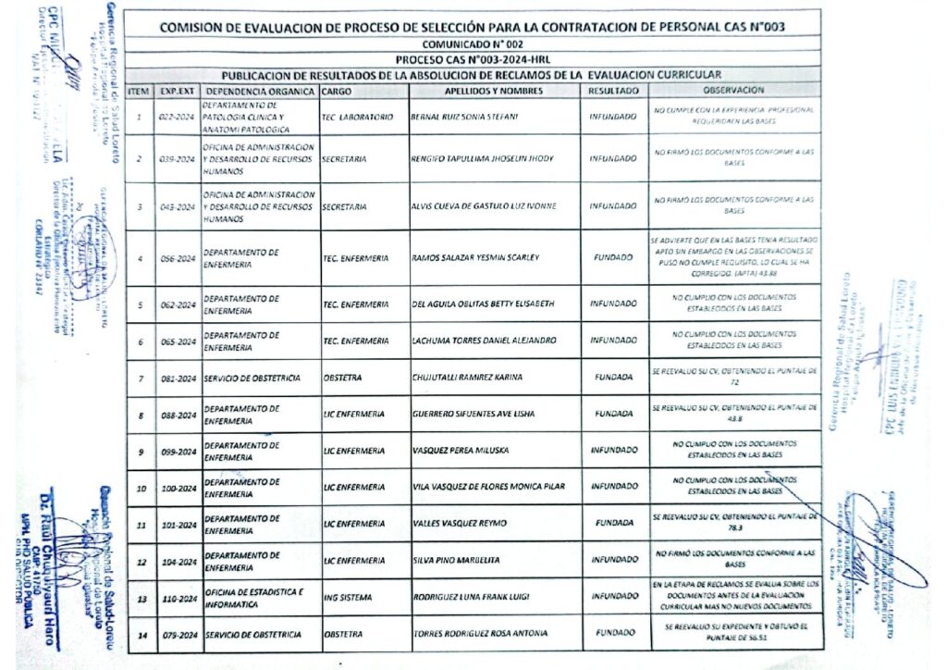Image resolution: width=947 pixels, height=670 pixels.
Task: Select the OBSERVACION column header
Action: pyautogui.click(x=733, y=91)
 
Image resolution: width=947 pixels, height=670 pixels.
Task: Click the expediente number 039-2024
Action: pyautogui.click(x=177, y=159)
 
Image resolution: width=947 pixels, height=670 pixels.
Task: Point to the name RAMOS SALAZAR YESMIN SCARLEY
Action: pyautogui.click(x=474, y=257)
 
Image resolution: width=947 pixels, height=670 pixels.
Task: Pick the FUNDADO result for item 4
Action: pyautogui.click(x=613, y=257)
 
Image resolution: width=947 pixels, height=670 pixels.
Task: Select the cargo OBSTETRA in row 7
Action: pyautogui.click(x=343, y=377)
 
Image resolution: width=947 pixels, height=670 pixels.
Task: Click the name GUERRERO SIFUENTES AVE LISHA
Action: pyautogui.click(x=473, y=414)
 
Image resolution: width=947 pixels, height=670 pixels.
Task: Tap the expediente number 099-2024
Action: pyautogui.click(x=177, y=452)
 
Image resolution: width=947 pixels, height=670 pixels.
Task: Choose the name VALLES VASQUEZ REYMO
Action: pyautogui.click(x=460, y=523)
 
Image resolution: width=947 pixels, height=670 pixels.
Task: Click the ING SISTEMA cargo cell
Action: pyautogui.click(x=348, y=597)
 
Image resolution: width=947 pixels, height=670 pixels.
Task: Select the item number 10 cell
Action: pyautogui.click(x=141, y=488)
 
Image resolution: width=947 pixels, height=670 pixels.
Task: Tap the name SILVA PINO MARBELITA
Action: pyautogui.click(x=456, y=561)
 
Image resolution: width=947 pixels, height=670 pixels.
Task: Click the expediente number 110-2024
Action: pyautogui.click(x=177, y=598)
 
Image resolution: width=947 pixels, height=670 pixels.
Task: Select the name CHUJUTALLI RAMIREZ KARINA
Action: pyautogui.click(x=467, y=377)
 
